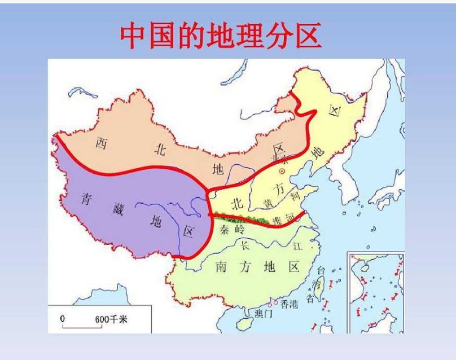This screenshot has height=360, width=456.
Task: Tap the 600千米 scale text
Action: click(112, 320)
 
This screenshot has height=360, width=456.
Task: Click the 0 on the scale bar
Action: click(63, 319)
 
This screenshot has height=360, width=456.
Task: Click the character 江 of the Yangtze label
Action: click(298, 246)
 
